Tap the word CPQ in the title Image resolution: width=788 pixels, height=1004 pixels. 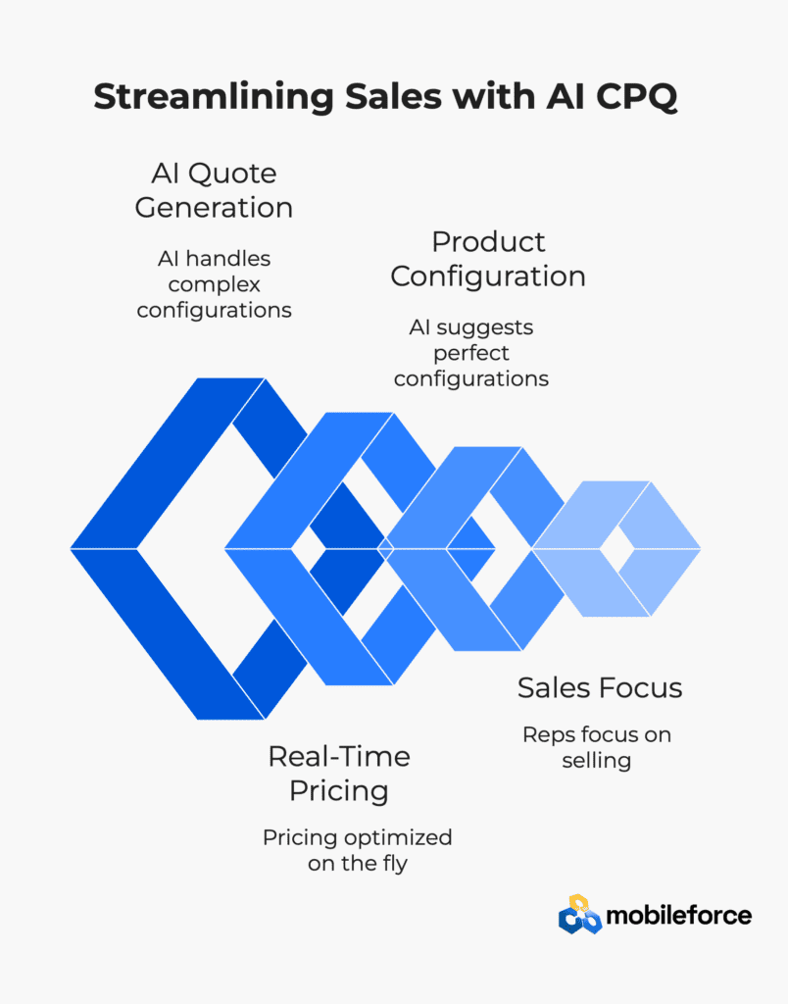636,97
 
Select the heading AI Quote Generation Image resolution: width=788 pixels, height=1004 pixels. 214,190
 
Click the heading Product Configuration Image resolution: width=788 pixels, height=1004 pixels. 488,259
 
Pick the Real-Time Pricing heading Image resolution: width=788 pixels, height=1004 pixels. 339,774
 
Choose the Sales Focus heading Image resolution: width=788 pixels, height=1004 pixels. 600,688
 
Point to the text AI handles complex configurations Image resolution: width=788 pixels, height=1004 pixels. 214,284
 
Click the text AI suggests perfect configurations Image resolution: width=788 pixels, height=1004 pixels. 471,353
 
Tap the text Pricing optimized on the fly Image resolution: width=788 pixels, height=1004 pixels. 357,850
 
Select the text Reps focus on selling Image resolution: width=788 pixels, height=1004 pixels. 597,747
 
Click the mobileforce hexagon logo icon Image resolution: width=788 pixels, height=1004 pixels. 580,915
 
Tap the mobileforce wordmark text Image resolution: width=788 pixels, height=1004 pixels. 679,916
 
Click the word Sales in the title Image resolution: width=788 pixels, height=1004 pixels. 393,97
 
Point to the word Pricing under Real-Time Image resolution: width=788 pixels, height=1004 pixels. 339,791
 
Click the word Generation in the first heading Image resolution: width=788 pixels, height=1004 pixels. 214,208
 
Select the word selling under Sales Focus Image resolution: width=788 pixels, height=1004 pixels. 597,761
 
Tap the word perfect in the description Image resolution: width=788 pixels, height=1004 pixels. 471,353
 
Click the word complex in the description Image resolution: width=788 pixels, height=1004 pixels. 214,285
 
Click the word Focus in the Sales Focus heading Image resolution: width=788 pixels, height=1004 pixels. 641,688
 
